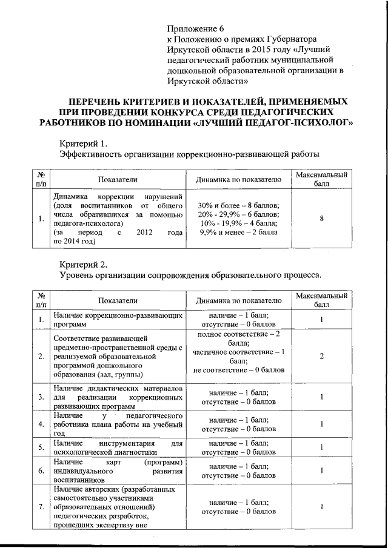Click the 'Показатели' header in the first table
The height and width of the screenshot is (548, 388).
click(x=119, y=180)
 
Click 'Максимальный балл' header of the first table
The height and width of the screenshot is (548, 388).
click(x=321, y=180)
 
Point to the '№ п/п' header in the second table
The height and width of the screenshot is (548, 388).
click(x=41, y=300)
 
